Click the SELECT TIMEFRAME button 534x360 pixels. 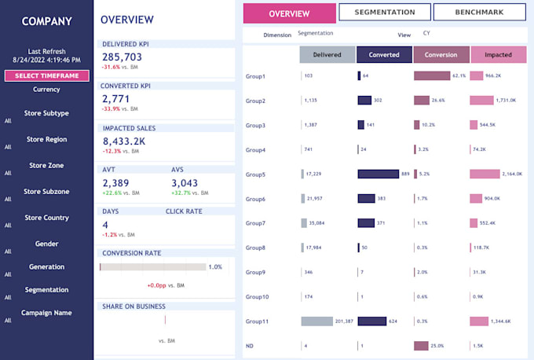pyautogui.click(x=47, y=75)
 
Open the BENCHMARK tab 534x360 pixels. pyautogui.click(x=479, y=13)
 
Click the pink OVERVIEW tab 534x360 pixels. pyautogui.click(x=289, y=13)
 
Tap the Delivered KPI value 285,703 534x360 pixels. pyautogui.click(x=123, y=57)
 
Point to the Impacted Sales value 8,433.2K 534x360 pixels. pyautogui.click(x=124, y=141)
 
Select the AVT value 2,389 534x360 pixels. pyautogui.click(x=115, y=182)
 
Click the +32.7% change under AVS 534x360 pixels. pyautogui.click(x=183, y=193)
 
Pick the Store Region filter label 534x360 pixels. pyautogui.click(x=47, y=139)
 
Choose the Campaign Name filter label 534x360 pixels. pyautogui.click(x=47, y=313)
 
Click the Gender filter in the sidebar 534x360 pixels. pyautogui.click(x=47, y=244)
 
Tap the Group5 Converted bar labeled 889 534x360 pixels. pyautogui.click(x=379, y=174)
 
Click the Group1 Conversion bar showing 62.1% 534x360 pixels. pyautogui.click(x=432, y=75)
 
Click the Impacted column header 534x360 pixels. pyautogui.click(x=498, y=54)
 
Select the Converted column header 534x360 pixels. pyautogui.click(x=383, y=54)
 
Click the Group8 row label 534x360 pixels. pyautogui.click(x=256, y=248)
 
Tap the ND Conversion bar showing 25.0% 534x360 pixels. pyautogui.click(x=421, y=346)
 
